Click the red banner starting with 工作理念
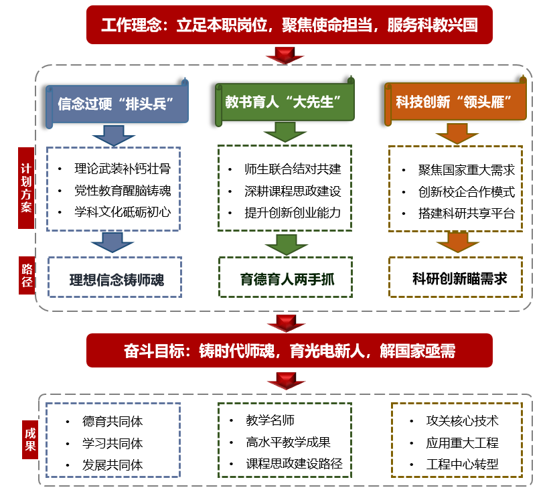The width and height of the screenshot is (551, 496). [289, 25]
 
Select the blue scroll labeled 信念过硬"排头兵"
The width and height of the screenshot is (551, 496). [116, 104]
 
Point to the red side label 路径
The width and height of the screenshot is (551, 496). [26, 274]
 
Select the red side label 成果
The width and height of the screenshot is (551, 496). [29, 438]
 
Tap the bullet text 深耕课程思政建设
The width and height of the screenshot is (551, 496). [293, 191]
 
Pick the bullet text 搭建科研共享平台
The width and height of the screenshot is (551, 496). [467, 214]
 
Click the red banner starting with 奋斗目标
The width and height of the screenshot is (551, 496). [289, 351]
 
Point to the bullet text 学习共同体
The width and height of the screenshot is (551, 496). [112, 443]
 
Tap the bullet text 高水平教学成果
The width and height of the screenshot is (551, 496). [288, 442]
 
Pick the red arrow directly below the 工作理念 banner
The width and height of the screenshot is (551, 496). [285, 55]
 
